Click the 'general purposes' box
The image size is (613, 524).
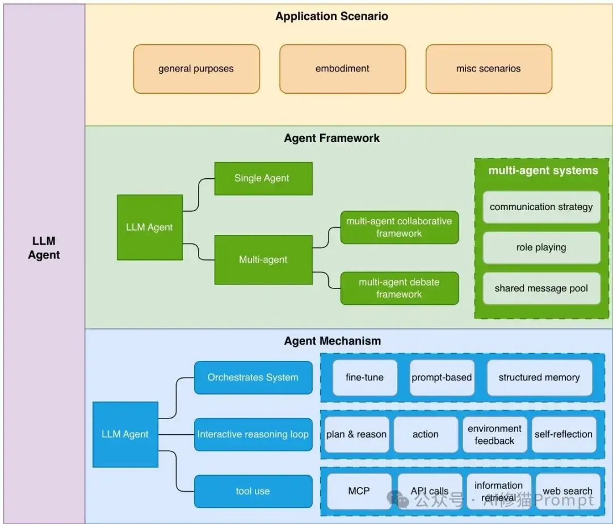click(x=196, y=69)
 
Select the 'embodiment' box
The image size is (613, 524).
click(x=342, y=69)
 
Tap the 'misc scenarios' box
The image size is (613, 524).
click(x=488, y=69)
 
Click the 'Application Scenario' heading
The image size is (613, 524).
click(x=331, y=16)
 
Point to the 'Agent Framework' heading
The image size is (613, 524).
click(x=331, y=138)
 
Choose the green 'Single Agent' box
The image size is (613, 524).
click(x=263, y=178)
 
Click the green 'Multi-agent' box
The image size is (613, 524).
click(x=263, y=259)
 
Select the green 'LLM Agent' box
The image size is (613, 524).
click(x=149, y=227)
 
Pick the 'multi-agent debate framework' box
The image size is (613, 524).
click(x=399, y=288)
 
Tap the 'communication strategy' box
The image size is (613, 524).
click(x=541, y=207)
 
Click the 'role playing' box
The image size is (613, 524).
click(x=541, y=248)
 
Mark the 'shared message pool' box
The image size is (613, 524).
click(x=541, y=288)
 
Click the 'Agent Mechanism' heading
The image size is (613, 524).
click(x=332, y=341)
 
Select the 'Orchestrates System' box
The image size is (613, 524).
click(x=253, y=378)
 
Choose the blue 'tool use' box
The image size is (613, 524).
click(x=253, y=491)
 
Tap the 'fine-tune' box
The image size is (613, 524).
click(x=364, y=378)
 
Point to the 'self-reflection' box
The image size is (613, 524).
click(x=563, y=434)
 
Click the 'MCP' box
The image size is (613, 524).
click(x=359, y=491)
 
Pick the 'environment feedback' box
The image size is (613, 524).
click(x=494, y=435)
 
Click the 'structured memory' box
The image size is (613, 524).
click(x=539, y=378)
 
